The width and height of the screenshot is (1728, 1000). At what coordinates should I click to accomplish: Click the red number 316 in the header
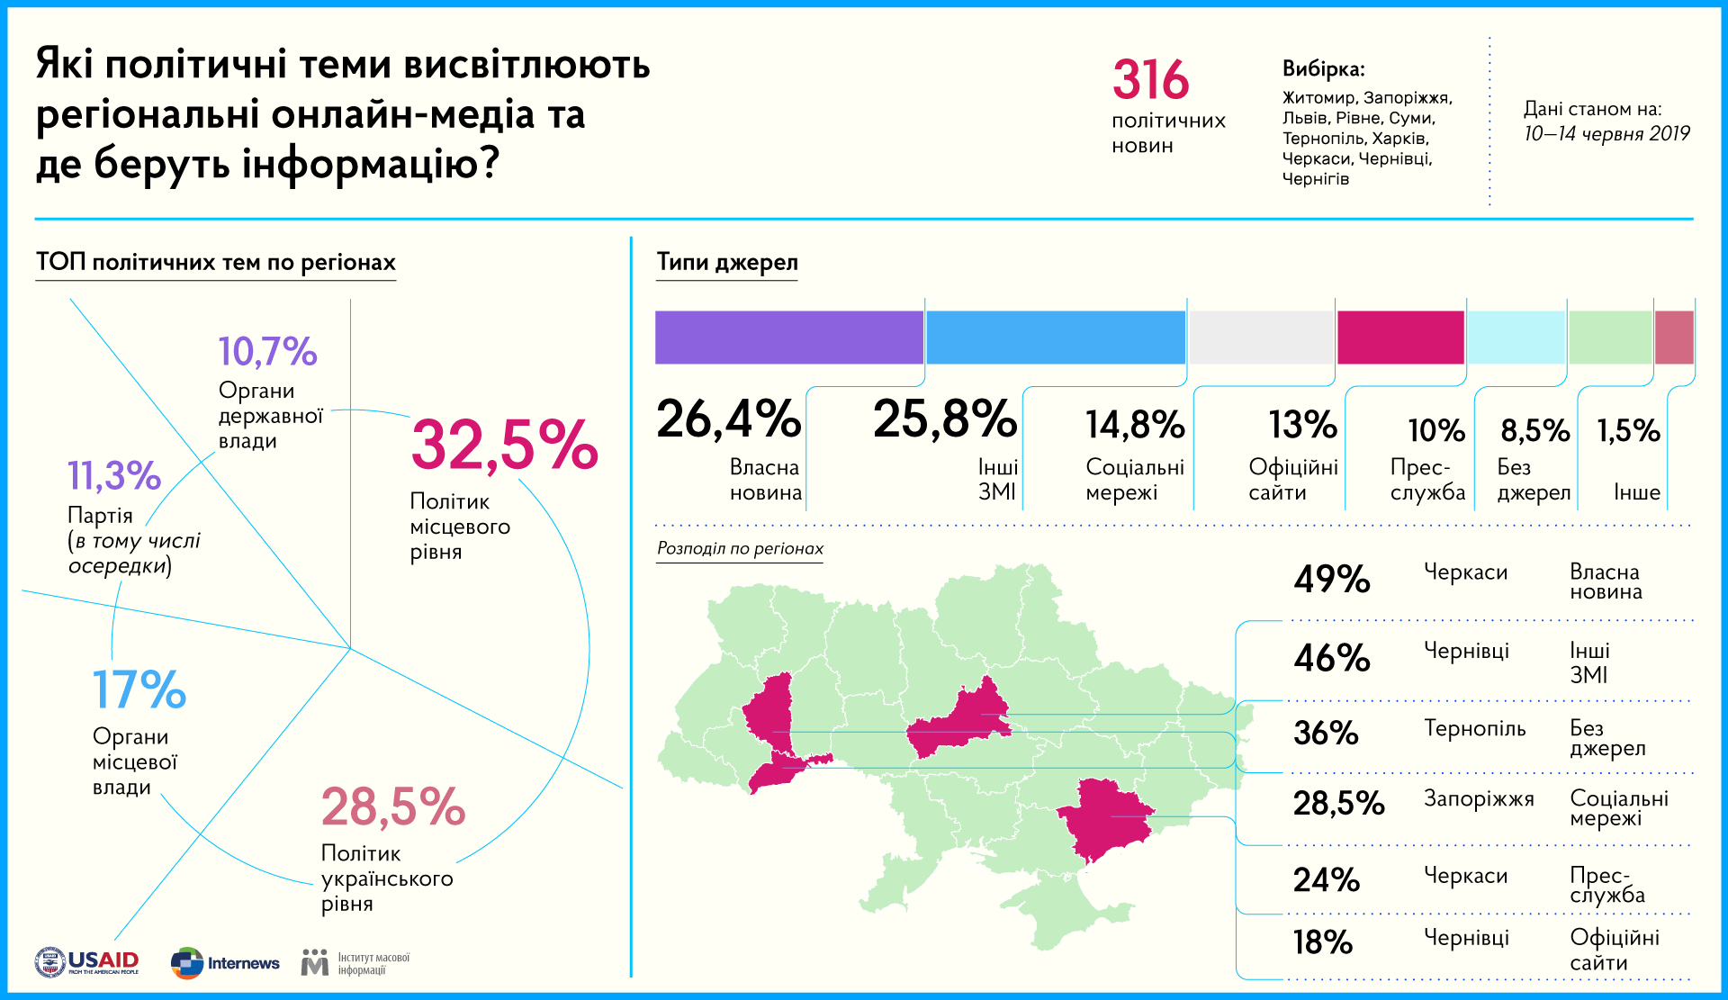[x=1150, y=80]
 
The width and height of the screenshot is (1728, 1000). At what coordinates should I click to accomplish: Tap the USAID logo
[x=87, y=962]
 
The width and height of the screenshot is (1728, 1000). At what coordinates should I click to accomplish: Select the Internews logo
[x=226, y=963]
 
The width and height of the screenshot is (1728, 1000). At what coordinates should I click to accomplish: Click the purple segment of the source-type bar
[x=788, y=338]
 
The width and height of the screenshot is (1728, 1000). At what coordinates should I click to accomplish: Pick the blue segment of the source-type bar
[x=1055, y=338]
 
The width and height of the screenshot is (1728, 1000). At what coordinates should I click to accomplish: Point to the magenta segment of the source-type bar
[x=1400, y=338]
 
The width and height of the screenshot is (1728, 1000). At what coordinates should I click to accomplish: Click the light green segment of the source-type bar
[x=1610, y=338]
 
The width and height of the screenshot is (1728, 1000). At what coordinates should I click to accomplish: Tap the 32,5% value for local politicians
[x=504, y=445]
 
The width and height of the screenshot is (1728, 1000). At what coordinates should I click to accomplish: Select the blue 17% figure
[x=139, y=690]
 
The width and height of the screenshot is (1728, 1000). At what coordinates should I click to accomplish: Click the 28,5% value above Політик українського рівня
[x=393, y=807]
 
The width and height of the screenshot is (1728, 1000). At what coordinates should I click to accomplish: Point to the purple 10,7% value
[x=267, y=352]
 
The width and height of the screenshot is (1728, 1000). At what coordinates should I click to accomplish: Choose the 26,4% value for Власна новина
[x=728, y=419]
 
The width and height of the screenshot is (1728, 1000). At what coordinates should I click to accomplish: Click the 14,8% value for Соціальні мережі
[x=1135, y=425]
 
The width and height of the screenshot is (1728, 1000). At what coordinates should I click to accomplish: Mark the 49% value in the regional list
[x=1331, y=580]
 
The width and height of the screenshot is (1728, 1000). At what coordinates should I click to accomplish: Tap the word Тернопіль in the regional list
[x=1474, y=728]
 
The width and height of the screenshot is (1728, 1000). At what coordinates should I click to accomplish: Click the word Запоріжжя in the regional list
[x=1478, y=798]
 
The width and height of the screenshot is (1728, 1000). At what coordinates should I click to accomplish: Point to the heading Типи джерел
[x=726, y=262]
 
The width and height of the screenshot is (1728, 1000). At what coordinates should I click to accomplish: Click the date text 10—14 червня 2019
[x=1606, y=134]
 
